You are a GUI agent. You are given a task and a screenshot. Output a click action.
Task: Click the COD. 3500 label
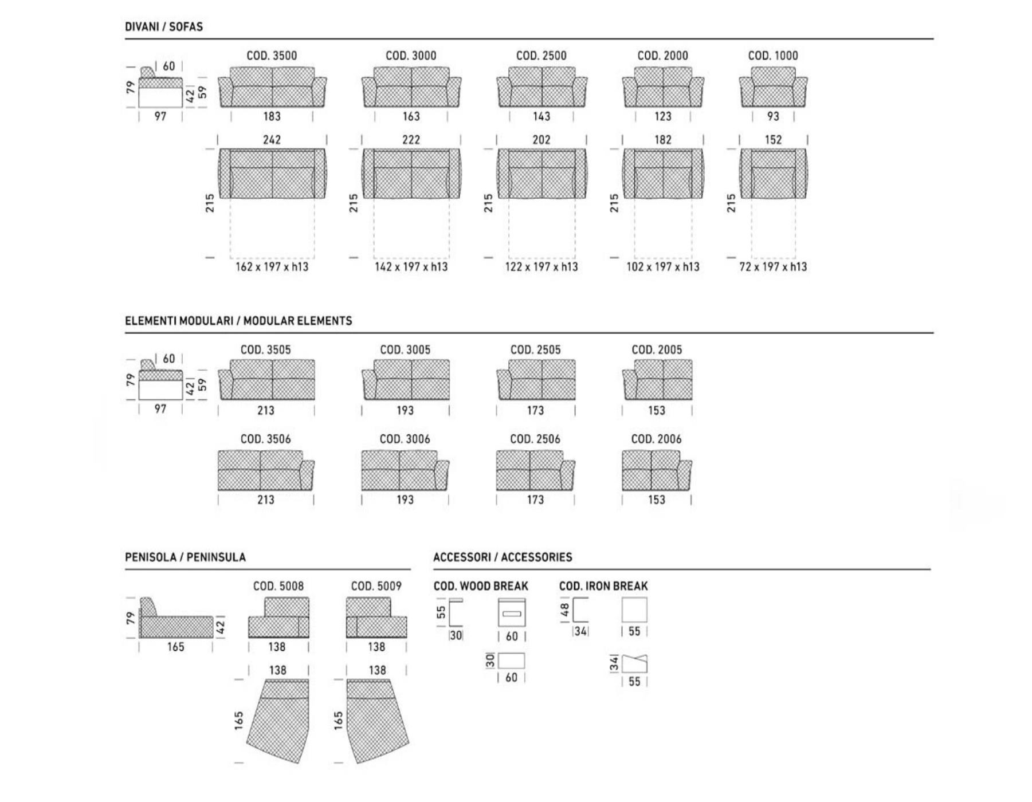[272, 56]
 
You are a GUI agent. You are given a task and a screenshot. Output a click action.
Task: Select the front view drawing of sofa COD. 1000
[773, 87]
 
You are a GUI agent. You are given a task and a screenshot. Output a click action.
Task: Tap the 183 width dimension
[272, 116]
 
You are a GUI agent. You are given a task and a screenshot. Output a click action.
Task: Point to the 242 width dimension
[272, 140]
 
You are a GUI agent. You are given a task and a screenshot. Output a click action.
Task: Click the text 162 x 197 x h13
[272, 266]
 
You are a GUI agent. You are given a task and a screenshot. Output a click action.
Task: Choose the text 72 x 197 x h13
[773, 266]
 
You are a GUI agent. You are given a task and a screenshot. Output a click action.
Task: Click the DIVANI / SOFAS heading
[164, 27]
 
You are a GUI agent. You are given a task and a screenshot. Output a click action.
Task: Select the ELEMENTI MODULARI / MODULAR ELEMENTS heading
[238, 321]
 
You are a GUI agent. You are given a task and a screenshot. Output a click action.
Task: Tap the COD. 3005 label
[405, 349]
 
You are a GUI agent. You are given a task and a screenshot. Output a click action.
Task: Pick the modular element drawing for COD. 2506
[535, 470]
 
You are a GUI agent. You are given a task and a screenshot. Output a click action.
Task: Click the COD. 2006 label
[656, 439]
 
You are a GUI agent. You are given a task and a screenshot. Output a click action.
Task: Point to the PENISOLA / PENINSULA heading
[185, 557]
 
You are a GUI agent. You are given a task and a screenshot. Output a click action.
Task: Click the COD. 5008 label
[278, 586]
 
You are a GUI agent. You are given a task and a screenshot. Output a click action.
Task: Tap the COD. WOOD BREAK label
[481, 586]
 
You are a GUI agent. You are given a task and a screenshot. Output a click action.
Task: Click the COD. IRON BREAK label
[603, 586]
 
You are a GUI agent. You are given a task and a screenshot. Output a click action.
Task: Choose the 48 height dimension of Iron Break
[565, 610]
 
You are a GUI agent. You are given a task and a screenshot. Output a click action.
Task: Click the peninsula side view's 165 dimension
[175, 647]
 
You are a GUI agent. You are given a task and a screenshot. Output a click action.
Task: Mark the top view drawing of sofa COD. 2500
[541, 174]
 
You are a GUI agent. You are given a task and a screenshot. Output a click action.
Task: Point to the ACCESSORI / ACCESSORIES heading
[503, 557]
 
